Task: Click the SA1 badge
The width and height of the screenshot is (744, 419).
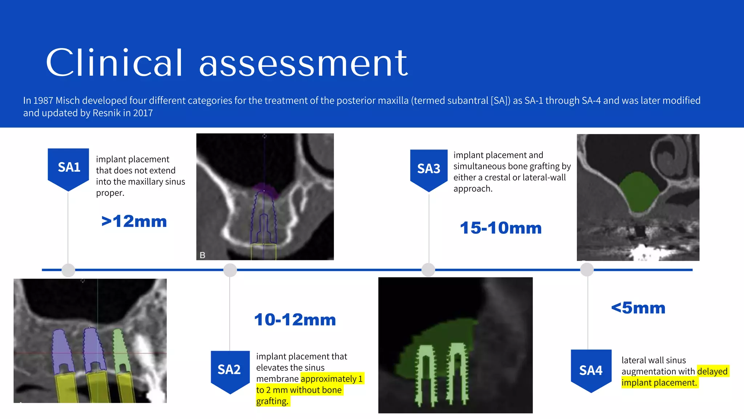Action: click(69, 168)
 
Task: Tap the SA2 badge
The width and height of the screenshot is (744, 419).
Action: click(230, 370)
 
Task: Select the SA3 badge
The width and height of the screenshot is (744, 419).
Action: click(429, 169)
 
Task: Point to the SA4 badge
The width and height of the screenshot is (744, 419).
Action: click(591, 370)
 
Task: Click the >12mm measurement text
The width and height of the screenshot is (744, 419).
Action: click(134, 221)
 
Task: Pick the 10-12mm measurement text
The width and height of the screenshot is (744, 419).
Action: click(295, 320)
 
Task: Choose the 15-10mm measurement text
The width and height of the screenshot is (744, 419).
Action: click(501, 228)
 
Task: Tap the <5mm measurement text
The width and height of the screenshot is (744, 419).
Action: click(638, 308)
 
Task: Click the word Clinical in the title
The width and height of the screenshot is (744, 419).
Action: click(114, 63)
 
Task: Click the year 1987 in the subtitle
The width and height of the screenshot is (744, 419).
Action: click(43, 100)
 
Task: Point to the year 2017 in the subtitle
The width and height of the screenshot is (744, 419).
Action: click(143, 113)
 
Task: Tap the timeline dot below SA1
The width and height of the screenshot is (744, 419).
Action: click(68, 270)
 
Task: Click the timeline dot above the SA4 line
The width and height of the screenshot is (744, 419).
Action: click(587, 270)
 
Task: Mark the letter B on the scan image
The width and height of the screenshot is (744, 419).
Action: click(203, 255)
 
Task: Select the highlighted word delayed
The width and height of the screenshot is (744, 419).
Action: click(712, 371)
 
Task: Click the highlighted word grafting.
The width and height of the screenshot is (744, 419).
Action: click(272, 401)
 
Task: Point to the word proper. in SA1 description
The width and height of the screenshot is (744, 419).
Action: click(110, 193)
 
